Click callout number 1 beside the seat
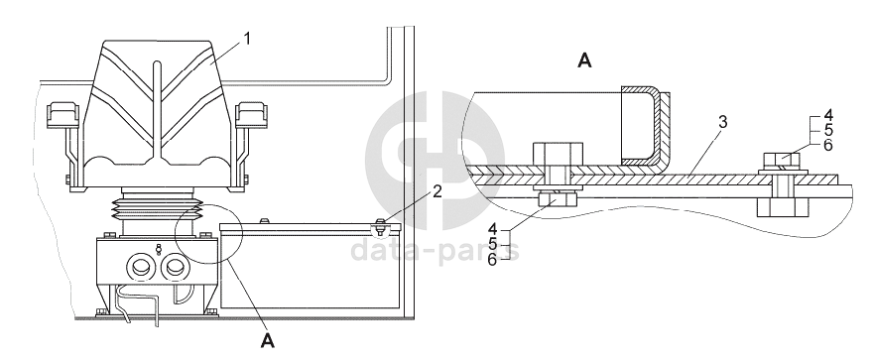pyautogui.click(x=247, y=39)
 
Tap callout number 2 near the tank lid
pyautogui.click(x=437, y=192)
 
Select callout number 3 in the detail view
pyautogui.click(x=722, y=122)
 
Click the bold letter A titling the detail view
pyautogui.click(x=584, y=60)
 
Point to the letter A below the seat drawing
pyautogui.click(x=268, y=340)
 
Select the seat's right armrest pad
pyautogui.click(x=252, y=113)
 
